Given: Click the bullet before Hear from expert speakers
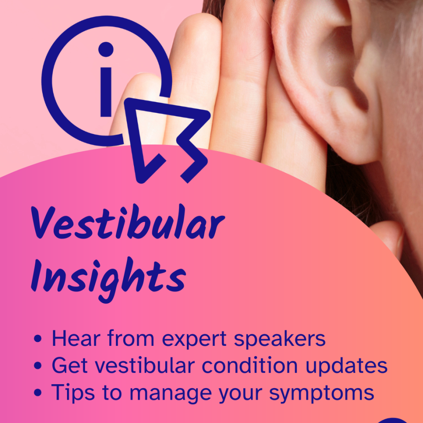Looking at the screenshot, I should tap(38, 339).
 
